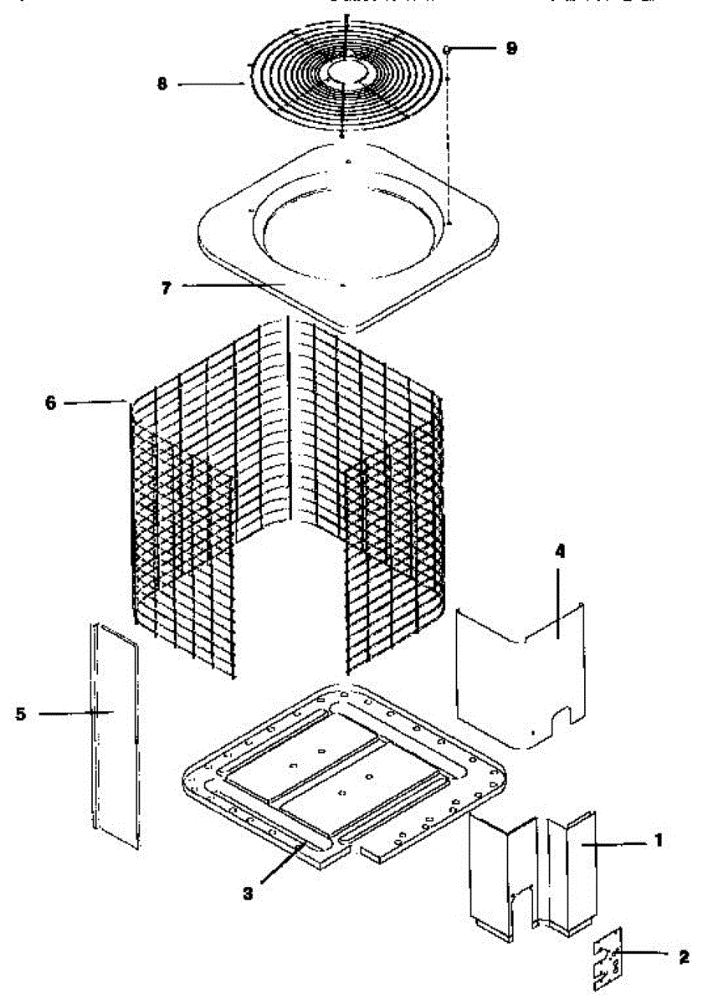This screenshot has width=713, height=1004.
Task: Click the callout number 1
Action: (x=659, y=839)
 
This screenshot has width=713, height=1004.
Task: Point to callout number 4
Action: (x=560, y=552)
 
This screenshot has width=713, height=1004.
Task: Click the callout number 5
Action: (x=21, y=714)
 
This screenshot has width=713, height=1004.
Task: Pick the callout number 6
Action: (x=51, y=402)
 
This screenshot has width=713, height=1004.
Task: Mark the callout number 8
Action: (x=162, y=84)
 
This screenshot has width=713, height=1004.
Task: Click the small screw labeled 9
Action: (x=449, y=50)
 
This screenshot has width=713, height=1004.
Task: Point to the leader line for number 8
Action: (x=209, y=84)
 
